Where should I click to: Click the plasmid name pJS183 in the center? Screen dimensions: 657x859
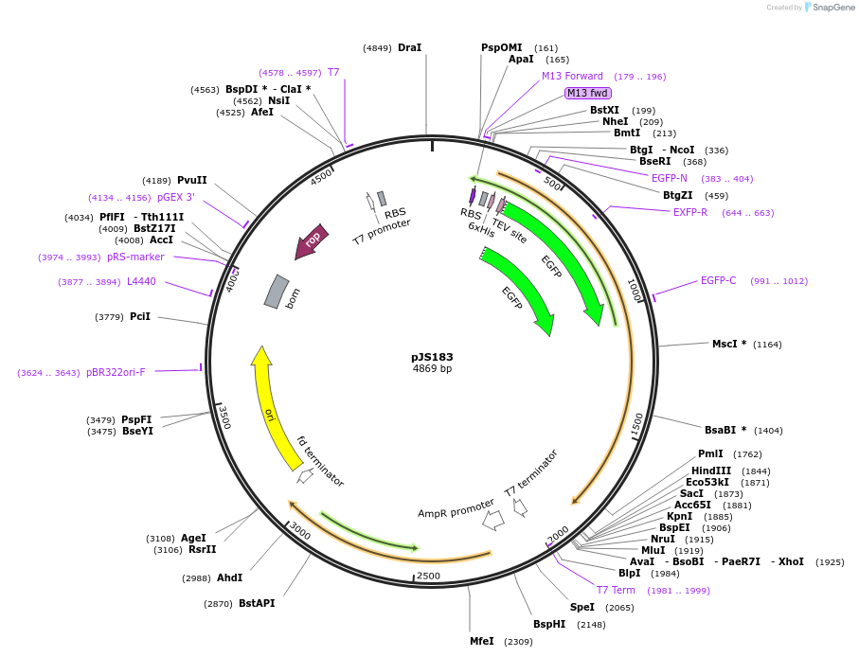pos(432,357)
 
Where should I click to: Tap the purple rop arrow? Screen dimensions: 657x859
pos(312,241)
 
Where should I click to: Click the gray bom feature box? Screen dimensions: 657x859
pos(276,291)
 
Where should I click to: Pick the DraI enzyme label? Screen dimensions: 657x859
pos(409,47)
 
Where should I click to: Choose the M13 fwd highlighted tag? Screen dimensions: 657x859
pos(588,93)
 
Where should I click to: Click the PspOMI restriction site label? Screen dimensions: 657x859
pos(501,47)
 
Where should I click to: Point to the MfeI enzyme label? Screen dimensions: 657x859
pos(482,641)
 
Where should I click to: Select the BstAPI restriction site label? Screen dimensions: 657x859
pos(257,603)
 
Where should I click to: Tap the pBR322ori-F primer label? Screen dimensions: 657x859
pos(116,372)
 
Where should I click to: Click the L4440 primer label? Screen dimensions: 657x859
pos(141,281)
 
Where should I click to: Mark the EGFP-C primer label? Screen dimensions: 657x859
pos(718,280)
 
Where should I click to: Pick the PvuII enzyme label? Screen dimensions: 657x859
pos(191,180)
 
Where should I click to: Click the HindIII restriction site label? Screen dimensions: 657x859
pos(711,471)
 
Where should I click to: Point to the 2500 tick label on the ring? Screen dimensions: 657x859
pos(428,577)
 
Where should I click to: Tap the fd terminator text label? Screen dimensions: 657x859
pos(320,461)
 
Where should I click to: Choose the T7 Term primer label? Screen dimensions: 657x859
pos(616,590)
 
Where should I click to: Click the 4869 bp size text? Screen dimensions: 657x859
pos(432,368)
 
